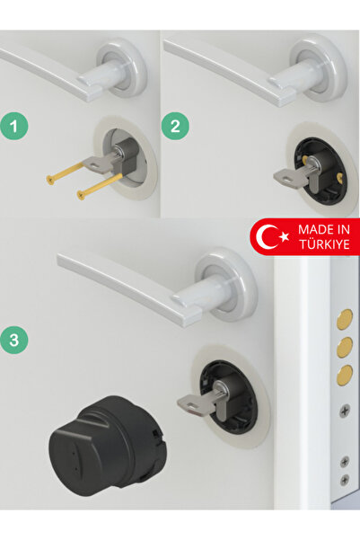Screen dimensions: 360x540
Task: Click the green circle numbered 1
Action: (14, 126)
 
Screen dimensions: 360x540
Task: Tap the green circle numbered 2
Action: (175, 126)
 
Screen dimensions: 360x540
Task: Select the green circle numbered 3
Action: (14, 341)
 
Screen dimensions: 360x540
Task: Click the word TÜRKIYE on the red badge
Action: (324, 243)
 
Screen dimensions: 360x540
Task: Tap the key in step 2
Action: (289, 175)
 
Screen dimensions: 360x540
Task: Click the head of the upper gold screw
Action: (50, 179)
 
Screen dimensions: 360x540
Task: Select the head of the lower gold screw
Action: (81, 195)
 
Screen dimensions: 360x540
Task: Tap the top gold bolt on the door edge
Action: (344, 318)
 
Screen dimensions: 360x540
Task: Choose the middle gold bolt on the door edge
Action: (344, 347)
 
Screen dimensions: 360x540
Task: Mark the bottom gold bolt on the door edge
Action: (344, 375)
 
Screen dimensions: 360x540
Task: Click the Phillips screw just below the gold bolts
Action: (346, 411)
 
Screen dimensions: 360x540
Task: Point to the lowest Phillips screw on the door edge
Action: (345, 480)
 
